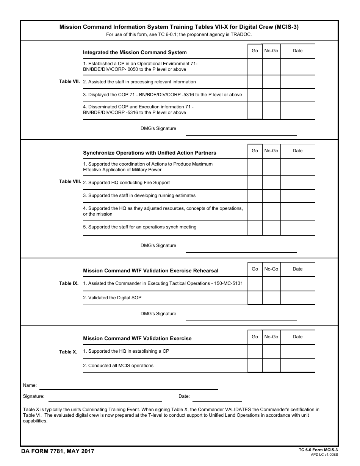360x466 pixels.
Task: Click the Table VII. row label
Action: [x=69, y=81]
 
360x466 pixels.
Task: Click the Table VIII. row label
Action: [x=70, y=182]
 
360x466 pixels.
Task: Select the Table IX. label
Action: [x=69, y=283]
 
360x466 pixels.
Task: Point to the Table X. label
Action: [x=68, y=352]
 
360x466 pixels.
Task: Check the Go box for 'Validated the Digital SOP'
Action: [x=255, y=298]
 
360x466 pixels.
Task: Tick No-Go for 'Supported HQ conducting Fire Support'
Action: [x=271, y=183]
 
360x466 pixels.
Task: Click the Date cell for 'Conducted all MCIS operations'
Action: [x=297, y=366]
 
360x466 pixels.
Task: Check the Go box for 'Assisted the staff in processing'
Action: [x=255, y=82]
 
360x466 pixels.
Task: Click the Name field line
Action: [x=128, y=386]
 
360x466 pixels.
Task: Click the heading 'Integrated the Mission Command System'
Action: [x=135, y=53]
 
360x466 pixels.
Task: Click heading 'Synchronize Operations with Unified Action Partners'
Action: [x=149, y=153]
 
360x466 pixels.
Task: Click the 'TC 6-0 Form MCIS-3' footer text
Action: [x=318, y=450]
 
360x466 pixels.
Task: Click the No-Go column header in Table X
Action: [x=271, y=337]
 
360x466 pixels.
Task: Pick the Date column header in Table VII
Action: [x=297, y=51]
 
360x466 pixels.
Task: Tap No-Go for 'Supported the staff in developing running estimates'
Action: [x=271, y=195]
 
